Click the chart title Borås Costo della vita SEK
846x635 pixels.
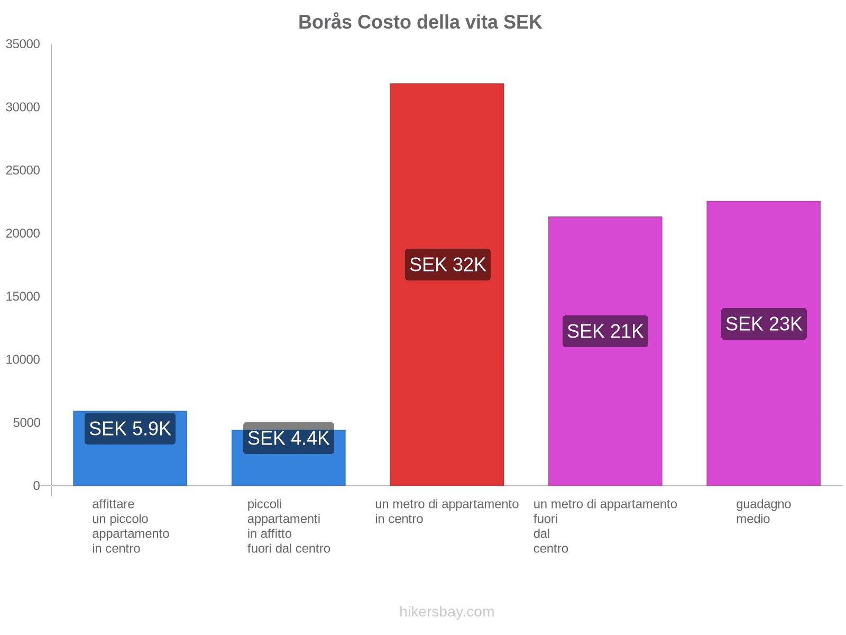[x=420, y=22]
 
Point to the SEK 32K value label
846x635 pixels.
[x=448, y=265]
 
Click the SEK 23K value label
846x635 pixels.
[x=764, y=324]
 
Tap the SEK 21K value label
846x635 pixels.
[x=605, y=331]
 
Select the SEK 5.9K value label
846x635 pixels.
[x=130, y=429]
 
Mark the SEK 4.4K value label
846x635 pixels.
[x=289, y=438]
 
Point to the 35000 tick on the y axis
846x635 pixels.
[x=23, y=44]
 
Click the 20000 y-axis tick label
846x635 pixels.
[x=23, y=233]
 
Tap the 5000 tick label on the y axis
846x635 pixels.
[x=26, y=423]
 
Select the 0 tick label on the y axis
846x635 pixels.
[x=36, y=486]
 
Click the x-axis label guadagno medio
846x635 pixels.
[x=764, y=511]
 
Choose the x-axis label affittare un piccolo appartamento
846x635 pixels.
[x=131, y=526]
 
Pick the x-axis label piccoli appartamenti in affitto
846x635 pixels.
[x=289, y=526]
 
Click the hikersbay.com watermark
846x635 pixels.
[x=447, y=612]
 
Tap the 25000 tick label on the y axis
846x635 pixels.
[x=23, y=170]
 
